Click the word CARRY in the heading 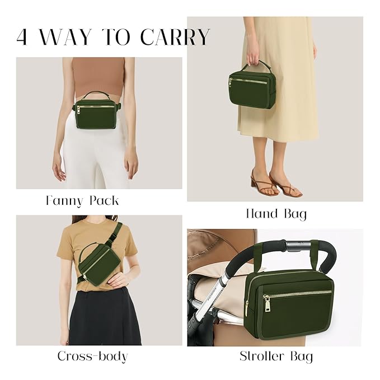[x=175, y=37]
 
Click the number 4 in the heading [x=22, y=37]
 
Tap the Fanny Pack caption [x=82, y=200]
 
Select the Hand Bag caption [x=276, y=213]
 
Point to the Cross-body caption [x=92, y=356]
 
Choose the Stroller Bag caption [x=276, y=356]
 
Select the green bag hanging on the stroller [x=290, y=302]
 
